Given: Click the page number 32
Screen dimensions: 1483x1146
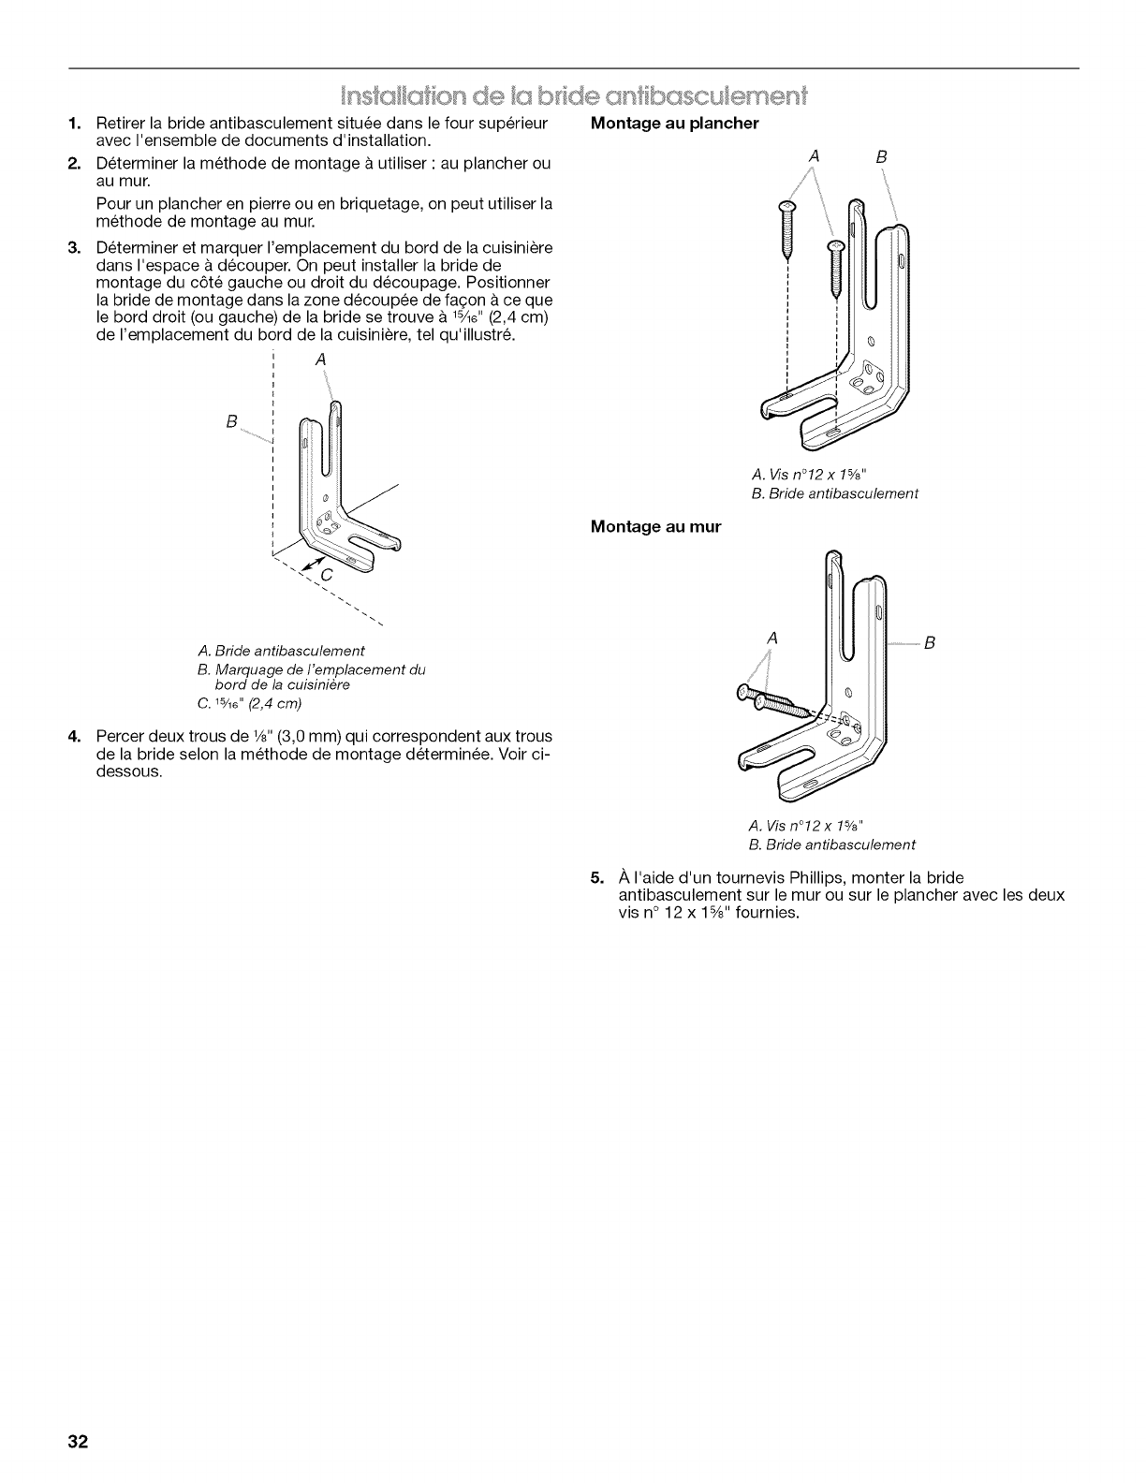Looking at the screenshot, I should click(x=77, y=1440).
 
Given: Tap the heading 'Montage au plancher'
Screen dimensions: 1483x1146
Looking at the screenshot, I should click(x=674, y=124).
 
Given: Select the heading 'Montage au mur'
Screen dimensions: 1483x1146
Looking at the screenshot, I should click(x=655, y=526).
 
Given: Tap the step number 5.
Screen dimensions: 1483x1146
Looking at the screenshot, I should click(x=595, y=877).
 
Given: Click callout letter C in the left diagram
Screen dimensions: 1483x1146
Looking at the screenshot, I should click(x=325, y=575).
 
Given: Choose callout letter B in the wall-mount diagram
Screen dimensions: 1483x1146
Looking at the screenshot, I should click(x=929, y=643).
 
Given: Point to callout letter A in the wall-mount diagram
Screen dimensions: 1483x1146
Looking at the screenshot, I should click(x=772, y=638).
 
